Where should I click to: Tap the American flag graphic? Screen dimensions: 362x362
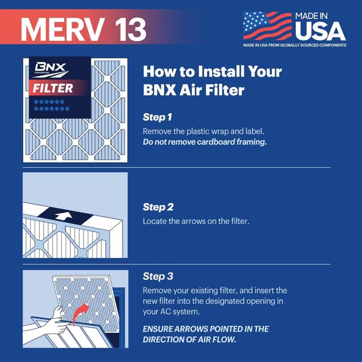[x=267, y=25]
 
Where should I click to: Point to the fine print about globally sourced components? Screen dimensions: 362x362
[x=294, y=45]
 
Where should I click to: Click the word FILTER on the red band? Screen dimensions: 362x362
[x=52, y=88]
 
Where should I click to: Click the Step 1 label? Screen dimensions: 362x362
[x=157, y=118]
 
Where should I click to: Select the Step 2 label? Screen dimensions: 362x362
[x=158, y=207]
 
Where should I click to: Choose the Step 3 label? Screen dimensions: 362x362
[x=158, y=277]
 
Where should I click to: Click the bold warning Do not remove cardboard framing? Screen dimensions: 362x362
[x=204, y=142]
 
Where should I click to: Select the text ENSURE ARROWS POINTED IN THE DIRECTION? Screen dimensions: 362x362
[x=205, y=329]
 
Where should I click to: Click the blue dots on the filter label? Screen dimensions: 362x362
[x=51, y=105]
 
